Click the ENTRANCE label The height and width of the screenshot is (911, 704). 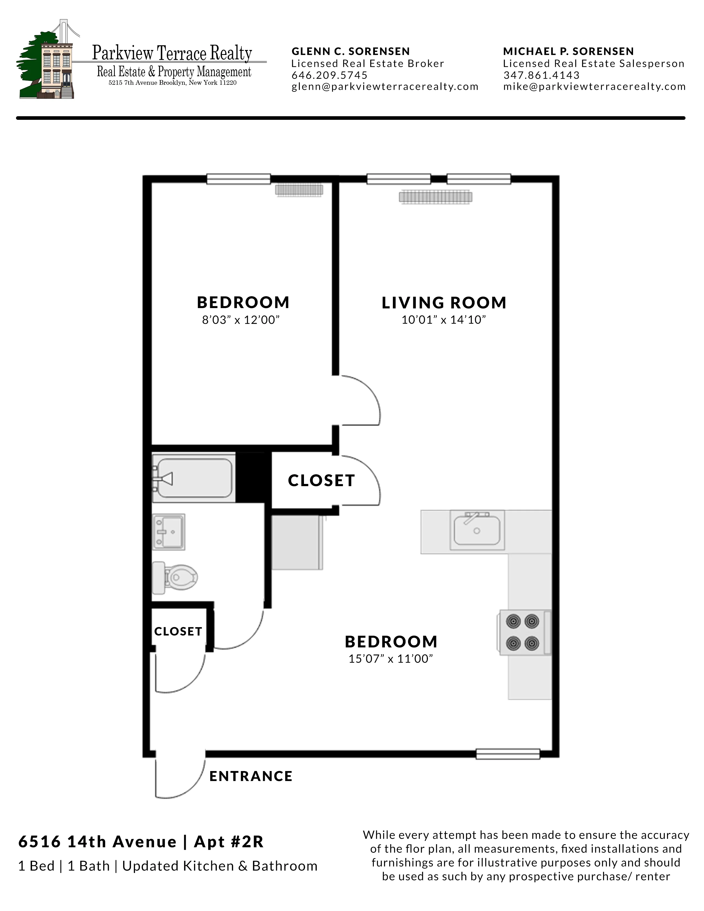pyautogui.click(x=251, y=776)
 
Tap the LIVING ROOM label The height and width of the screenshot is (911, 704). pyautogui.click(x=444, y=303)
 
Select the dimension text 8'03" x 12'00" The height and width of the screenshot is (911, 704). pyautogui.click(x=241, y=320)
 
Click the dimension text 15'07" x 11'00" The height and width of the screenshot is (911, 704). pyautogui.click(x=391, y=659)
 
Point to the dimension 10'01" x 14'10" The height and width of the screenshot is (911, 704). pyautogui.click(x=444, y=320)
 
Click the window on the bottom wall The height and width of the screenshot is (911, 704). pyautogui.click(x=507, y=754)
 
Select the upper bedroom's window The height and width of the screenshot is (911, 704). pyautogui.click(x=239, y=179)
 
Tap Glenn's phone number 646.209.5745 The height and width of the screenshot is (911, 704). pyautogui.click(x=329, y=75)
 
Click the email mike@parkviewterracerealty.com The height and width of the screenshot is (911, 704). pyautogui.click(x=594, y=87)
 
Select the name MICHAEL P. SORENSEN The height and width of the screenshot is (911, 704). pyautogui.click(x=568, y=51)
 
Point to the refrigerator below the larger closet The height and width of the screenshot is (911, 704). pyautogui.click(x=297, y=542)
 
